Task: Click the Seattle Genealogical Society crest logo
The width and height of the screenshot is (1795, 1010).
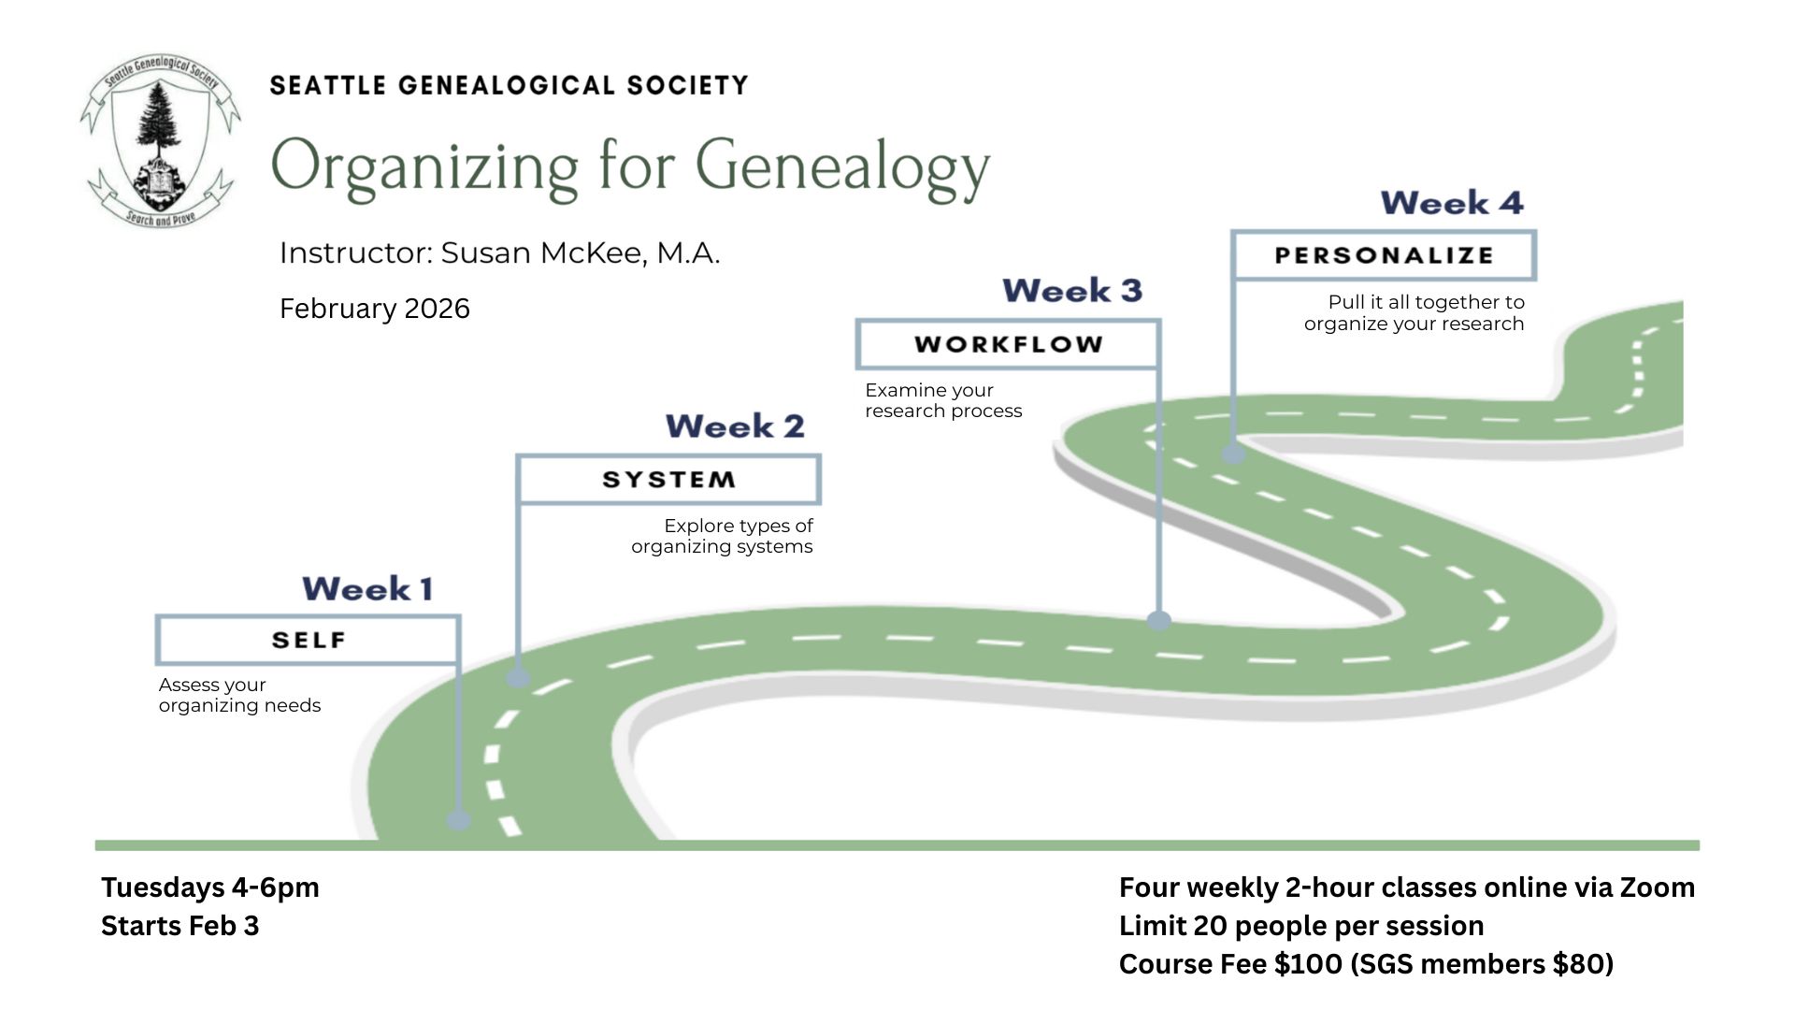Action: pyautogui.click(x=160, y=141)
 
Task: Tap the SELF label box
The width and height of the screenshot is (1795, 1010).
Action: pyautogui.click(x=309, y=641)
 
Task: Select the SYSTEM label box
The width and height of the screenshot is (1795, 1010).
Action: pyautogui.click(x=668, y=480)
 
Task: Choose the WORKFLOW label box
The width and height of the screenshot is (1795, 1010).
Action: pyautogui.click(x=1009, y=344)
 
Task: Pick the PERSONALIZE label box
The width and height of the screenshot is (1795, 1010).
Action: pyautogui.click(x=1384, y=255)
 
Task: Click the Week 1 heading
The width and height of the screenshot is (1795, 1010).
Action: pyautogui.click(x=367, y=589)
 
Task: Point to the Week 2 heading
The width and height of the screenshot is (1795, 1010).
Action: pyautogui.click(x=735, y=426)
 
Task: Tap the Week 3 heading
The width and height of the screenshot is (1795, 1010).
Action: pyautogui.click(x=1072, y=291)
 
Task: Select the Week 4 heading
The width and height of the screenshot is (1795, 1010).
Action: pyautogui.click(x=1452, y=203)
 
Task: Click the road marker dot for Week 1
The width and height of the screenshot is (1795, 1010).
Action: pyautogui.click(x=458, y=819)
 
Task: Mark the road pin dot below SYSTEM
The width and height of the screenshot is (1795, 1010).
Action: pyautogui.click(x=519, y=677)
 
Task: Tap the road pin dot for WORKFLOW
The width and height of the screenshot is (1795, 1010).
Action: pyautogui.click(x=1159, y=620)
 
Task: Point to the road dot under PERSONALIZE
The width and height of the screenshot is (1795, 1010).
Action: pyautogui.click(x=1234, y=454)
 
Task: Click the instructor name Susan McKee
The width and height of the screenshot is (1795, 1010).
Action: pyautogui.click(x=580, y=253)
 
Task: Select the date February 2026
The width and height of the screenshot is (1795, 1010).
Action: pyautogui.click(x=375, y=309)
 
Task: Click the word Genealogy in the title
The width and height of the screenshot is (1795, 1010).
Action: pyautogui.click(x=842, y=168)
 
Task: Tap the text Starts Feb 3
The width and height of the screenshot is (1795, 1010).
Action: pyautogui.click(x=180, y=926)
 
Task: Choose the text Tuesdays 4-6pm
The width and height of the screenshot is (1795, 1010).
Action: pyautogui.click(x=210, y=887)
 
